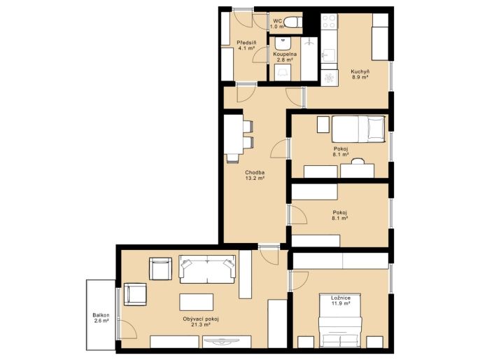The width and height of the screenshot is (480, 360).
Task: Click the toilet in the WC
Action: [291, 22]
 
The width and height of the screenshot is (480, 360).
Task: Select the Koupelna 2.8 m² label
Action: [285, 57]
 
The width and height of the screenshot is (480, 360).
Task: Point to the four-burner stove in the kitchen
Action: [329, 22]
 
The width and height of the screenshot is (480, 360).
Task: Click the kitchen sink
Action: [329, 55]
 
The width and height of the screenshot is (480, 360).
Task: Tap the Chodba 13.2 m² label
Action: [255, 175]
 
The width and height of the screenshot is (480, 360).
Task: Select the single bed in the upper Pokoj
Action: [358, 129]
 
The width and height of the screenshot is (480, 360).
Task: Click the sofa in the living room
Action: [207, 269]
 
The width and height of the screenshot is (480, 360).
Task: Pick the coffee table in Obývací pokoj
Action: [196, 302]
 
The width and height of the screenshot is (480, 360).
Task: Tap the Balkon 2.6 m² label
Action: [101, 318]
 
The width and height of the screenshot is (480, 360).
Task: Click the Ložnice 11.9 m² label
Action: [341, 300]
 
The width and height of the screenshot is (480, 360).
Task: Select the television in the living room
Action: [227, 340]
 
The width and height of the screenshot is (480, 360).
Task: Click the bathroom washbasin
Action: [283, 44]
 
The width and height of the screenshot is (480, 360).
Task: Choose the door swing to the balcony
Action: [128, 329]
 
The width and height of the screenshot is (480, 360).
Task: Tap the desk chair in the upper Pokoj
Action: [358, 160]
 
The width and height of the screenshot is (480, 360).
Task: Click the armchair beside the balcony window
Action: [135, 294]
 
